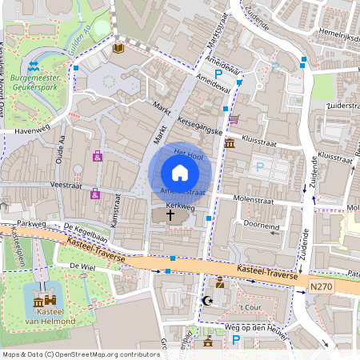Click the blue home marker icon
pos(180,173)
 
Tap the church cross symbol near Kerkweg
pos(170,215)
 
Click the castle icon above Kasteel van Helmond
pos(42,302)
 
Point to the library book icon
pos(118,49)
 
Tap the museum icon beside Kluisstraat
pos(230,144)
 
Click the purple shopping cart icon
pos(234,118)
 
